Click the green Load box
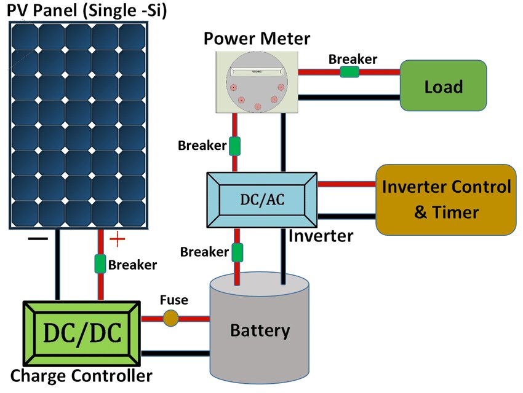coord(443,85)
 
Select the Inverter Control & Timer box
coord(445,199)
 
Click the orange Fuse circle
coord(170,318)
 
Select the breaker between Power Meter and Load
coord(349,72)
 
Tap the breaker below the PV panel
coord(100,264)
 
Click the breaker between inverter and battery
coord(237,252)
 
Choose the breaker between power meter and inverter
coord(234,146)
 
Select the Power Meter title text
coord(257,39)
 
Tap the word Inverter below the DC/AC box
coord(321,235)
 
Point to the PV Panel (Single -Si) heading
coord(87,10)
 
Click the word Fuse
coord(174,300)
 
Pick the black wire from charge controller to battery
coord(175,354)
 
